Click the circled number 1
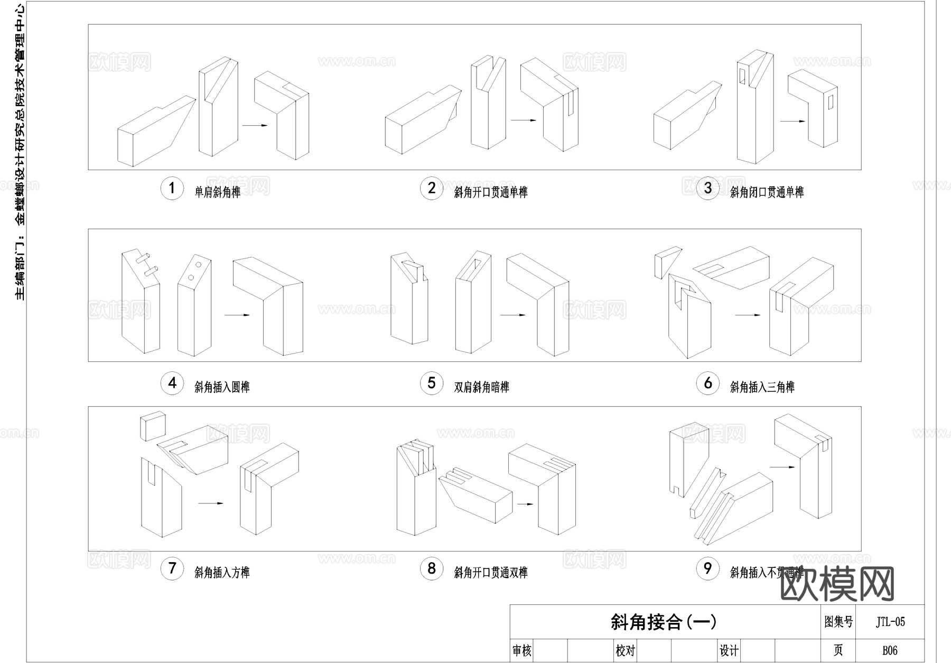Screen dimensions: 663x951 (172, 188)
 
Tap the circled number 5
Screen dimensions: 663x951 (432, 383)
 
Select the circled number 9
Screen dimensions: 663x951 (707, 568)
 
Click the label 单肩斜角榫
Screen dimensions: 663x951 (218, 192)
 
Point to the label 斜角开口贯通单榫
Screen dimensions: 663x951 (491, 192)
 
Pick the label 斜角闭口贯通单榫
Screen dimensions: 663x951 (767, 192)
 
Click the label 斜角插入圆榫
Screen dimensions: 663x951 (222, 387)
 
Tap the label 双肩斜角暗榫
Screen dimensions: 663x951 (482, 387)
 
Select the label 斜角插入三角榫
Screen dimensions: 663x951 (762, 387)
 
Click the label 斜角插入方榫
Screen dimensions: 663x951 (222, 573)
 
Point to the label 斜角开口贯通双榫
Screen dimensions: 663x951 (491, 573)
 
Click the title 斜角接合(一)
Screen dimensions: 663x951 (664, 622)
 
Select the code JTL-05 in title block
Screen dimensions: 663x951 (890, 622)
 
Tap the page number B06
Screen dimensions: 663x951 (890, 650)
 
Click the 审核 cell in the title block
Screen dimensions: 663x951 (522, 651)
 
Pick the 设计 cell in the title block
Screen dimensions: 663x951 (729, 651)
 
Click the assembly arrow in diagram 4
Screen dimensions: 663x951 (237, 315)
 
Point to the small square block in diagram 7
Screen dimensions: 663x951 (153, 426)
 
